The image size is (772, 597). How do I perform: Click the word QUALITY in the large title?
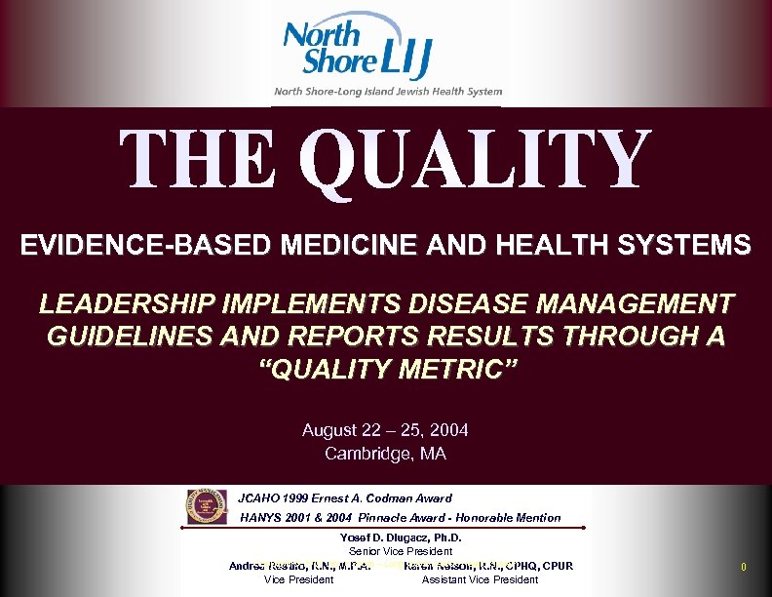pos(475,161)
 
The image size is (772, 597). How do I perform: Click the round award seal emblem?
pos(206,507)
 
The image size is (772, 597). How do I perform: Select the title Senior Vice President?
pos(400,551)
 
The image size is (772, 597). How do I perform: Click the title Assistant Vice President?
pos(480,579)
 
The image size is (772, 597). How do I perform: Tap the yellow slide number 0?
pos(744,567)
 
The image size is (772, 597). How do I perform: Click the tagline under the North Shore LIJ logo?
pos(387,91)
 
